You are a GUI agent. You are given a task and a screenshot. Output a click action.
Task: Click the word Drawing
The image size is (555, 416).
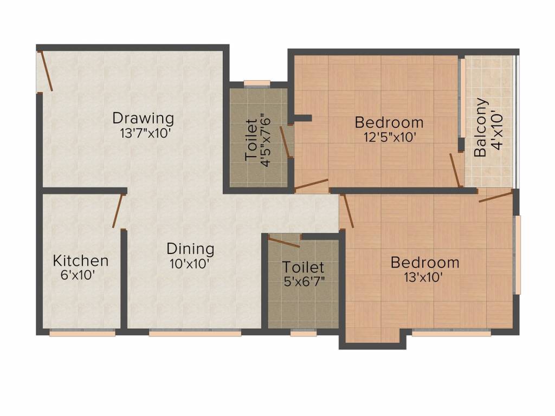pos(143,119)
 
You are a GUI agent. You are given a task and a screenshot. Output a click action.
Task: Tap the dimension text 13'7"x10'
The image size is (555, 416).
pos(145,134)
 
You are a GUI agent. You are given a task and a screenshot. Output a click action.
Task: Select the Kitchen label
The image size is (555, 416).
pos(81,261)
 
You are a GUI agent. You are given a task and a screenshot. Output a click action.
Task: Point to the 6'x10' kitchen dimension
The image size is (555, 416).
pos(78,275)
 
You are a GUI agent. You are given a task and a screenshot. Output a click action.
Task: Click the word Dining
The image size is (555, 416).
pos(190,249)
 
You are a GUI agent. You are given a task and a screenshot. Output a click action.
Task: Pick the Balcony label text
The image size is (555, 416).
pos(480,127)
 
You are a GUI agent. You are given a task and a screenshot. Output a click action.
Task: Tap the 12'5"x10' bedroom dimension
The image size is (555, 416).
pos(390,137)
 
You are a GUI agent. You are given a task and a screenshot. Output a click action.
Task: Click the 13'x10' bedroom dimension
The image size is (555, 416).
pos(423,277)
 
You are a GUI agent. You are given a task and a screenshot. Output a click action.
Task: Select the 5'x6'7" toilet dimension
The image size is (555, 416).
pos(305,282)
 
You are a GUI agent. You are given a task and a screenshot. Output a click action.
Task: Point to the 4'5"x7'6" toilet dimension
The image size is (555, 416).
pos(266,139)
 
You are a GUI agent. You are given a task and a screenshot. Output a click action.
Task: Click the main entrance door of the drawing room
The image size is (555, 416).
pos(46,71)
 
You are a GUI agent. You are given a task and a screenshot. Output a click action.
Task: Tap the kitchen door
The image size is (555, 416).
pos(118,211)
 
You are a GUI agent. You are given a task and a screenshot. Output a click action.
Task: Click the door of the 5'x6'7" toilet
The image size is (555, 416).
pos(284,242)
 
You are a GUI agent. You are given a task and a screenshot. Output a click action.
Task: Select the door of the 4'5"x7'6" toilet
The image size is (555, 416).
pos(286,142)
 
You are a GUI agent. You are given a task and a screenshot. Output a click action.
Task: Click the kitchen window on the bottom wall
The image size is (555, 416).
pos(82,333)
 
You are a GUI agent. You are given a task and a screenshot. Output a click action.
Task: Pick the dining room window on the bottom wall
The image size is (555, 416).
pos(195,333)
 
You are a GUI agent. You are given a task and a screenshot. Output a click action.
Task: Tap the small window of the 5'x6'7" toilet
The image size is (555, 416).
pos(304,333)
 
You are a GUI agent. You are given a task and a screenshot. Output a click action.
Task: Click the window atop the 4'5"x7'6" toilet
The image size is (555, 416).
pos(257,83)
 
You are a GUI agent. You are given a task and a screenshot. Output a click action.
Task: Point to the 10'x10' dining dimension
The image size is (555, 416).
pos(190,264)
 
